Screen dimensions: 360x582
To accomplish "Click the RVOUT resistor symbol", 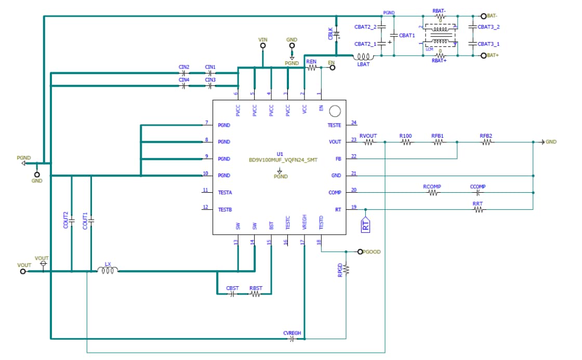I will point(368,142).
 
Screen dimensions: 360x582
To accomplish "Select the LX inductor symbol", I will point(108,270).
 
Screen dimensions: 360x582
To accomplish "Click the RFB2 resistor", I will point(486,142).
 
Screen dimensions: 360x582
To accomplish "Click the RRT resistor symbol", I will point(478,210).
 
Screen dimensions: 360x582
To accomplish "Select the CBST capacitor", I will point(232,294).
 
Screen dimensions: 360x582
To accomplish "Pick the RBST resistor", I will point(255,294).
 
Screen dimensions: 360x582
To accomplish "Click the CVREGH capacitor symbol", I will point(292,339).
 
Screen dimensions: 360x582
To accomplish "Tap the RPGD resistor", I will point(346,269).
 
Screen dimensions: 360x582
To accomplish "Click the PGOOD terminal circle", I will point(360,251).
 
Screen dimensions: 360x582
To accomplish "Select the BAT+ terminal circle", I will point(483,56).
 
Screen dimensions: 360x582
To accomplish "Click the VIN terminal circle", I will point(263,46).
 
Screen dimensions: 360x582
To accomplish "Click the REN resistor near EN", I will point(312,67).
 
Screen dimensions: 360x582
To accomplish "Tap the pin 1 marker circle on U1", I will point(335,111).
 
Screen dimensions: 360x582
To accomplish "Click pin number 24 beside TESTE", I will point(354,123).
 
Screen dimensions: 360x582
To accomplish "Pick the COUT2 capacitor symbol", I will point(72,220).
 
